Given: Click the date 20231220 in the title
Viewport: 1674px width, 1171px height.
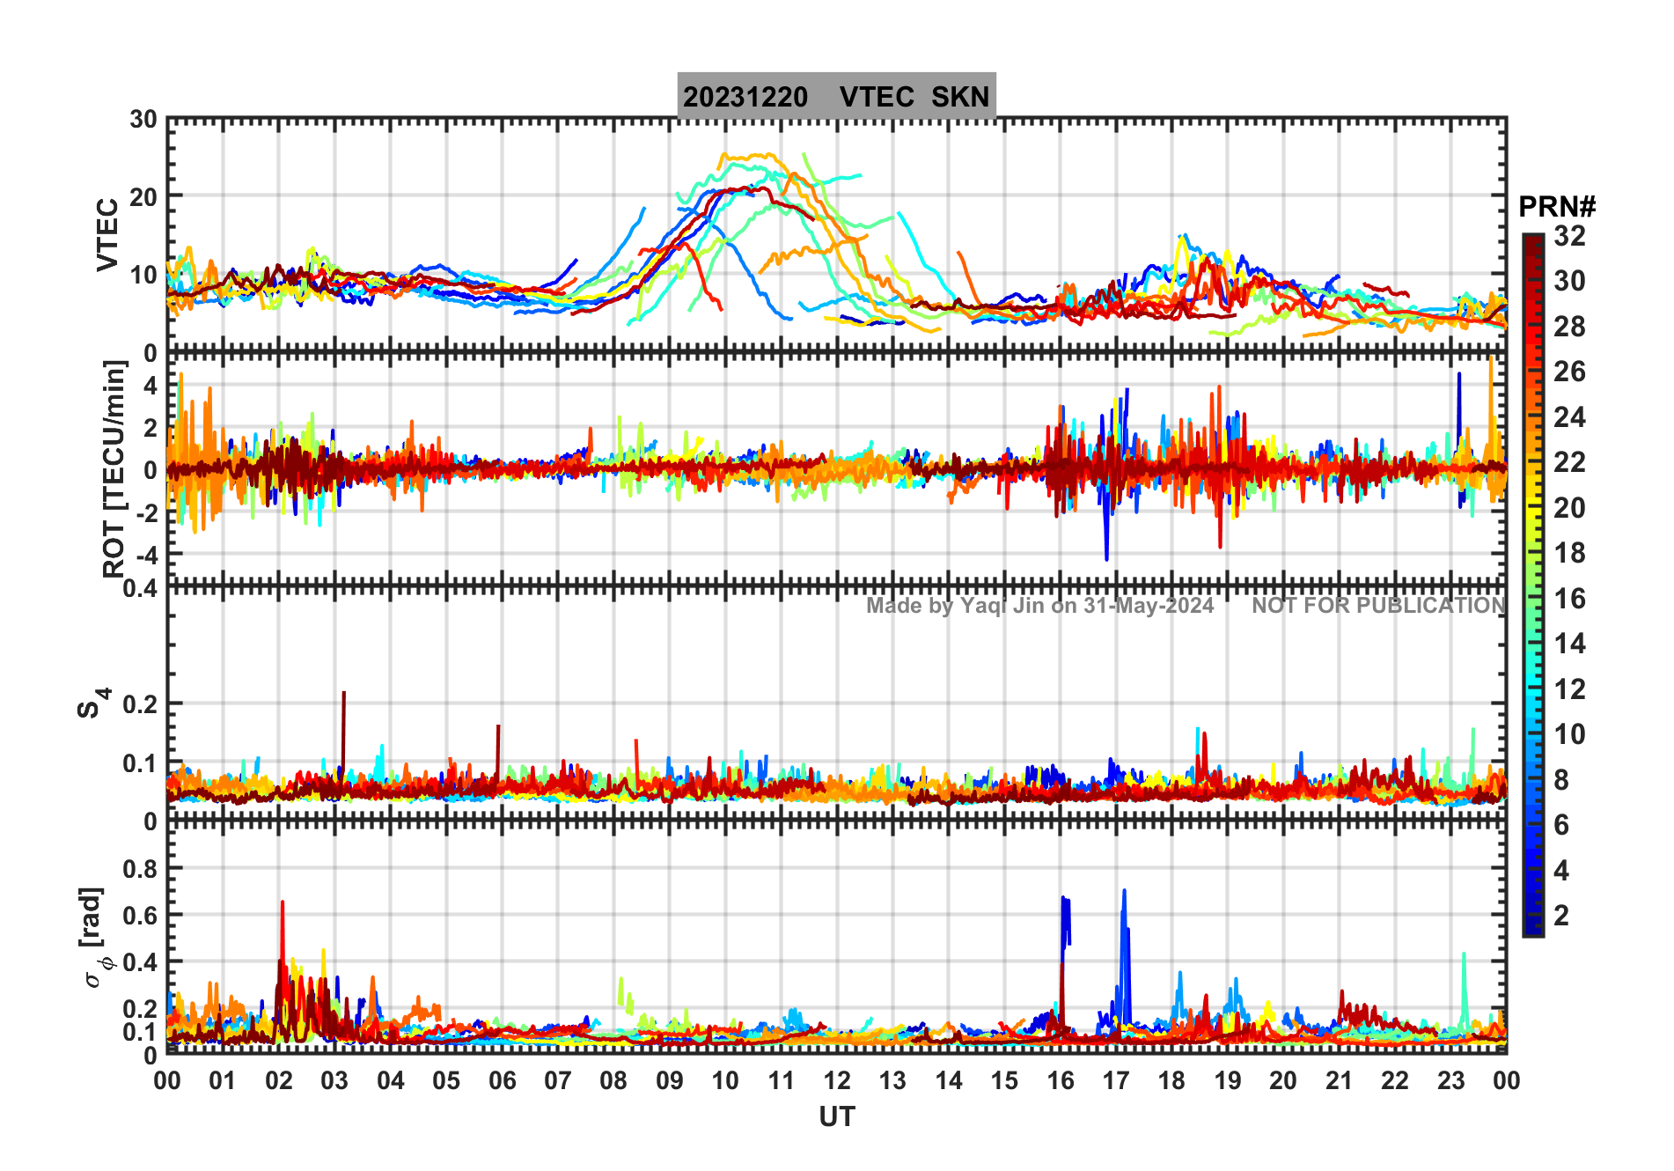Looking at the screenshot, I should pos(745,97).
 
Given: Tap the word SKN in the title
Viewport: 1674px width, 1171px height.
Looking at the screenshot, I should pos(960,97).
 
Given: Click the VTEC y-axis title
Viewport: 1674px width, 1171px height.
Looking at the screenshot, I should pos(107,234).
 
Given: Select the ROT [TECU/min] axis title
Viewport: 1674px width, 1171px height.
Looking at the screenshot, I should pos(114,468).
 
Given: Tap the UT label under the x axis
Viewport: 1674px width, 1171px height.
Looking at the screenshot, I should pos(836,1117).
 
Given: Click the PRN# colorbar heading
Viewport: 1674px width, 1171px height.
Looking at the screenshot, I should pos(1556,207).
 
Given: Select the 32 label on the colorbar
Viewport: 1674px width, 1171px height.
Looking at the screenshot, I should pos(1569,236).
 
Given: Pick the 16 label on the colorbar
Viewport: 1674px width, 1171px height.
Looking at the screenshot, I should pos(1569,599).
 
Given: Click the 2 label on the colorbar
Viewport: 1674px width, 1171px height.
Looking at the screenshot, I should pos(1561,916).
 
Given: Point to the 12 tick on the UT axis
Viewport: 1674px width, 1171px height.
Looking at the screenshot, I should pos(836,1081).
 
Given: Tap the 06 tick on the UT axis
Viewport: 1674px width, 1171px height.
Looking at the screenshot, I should pos(502,1081).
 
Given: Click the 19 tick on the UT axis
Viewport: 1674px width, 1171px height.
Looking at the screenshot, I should pos(1227,1081).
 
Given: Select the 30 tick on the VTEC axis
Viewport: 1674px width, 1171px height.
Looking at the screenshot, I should pos(143,120).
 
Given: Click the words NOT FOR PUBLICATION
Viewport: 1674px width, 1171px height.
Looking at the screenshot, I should pos(1378,606).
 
